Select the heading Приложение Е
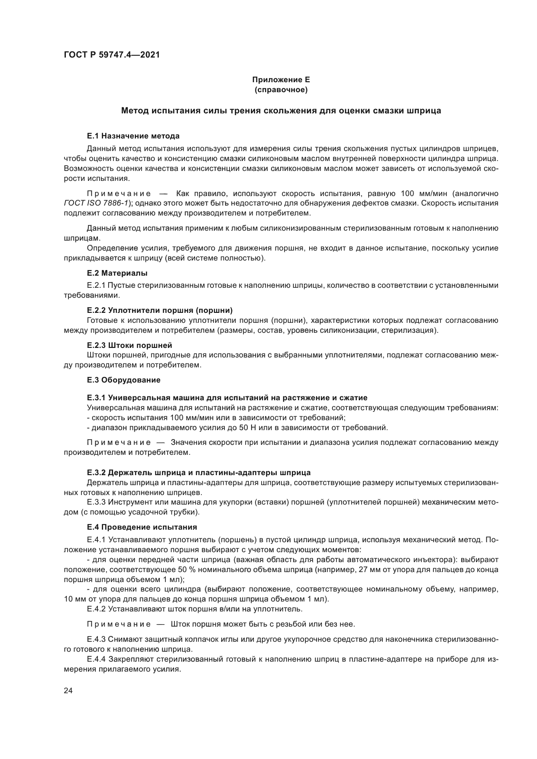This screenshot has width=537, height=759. point(281,80)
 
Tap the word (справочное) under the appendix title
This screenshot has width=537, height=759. point(281,90)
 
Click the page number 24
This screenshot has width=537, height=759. point(68,691)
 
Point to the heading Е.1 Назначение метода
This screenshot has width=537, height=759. point(133,136)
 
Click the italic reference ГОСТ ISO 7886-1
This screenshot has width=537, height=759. point(96,203)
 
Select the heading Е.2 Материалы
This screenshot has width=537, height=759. point(117,273)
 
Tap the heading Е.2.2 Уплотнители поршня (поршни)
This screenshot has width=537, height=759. point(160,310)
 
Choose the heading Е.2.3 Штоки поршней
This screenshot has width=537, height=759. point(129,345)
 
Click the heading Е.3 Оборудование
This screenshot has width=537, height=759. point(123,380)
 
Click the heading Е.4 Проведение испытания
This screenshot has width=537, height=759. point(142,527)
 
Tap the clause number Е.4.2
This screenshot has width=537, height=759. point(96,609)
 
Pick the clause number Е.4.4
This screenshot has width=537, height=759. point(96,660)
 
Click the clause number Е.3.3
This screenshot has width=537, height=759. point(96,502)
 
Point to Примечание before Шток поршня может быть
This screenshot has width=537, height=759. point(119,624)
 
